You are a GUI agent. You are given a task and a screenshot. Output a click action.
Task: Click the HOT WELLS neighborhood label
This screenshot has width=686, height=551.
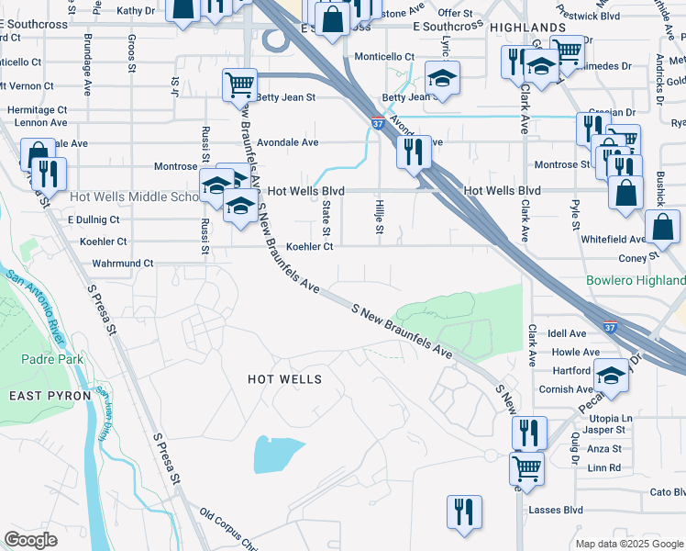pos(285,379)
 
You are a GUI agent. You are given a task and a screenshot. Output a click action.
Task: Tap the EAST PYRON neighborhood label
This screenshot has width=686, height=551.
pos(50,395)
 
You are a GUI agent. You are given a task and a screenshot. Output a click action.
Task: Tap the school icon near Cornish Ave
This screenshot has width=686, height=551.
pos(611,376)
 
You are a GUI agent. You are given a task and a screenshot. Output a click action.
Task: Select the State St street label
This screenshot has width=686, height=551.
pos(326,219)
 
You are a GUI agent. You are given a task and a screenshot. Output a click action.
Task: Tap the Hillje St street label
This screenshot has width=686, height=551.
pos(378,218)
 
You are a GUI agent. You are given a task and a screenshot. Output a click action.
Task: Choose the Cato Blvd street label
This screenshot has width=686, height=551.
pos(667,492)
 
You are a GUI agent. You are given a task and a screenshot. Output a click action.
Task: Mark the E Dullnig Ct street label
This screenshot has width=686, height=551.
pos(94,220)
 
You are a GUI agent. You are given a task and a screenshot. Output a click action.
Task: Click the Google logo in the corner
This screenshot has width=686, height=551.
pos(30,540)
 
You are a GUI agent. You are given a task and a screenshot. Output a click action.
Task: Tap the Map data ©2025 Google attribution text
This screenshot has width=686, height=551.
pos(628,544)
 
